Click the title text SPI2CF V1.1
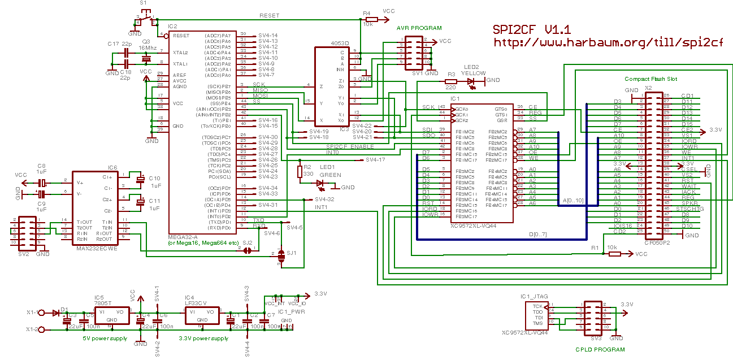point(532,30)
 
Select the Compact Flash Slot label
point(651,79)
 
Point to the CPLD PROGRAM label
point(600,350)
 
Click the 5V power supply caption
point(105,339)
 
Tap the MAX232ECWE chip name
point(97,248)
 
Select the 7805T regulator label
point(103,303)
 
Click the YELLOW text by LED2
point(473,73)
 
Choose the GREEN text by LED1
point(331,175)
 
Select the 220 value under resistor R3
point(450,88)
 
